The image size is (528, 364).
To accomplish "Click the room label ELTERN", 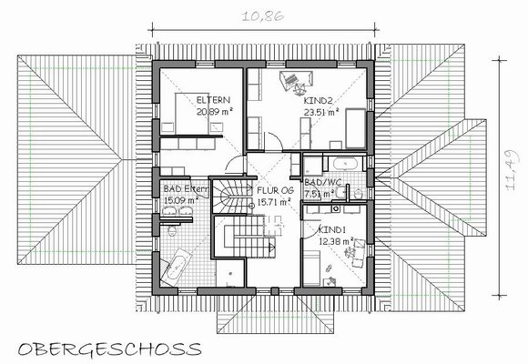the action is (x=213, y=100).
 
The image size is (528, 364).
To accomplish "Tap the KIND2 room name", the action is (x=319, y=100).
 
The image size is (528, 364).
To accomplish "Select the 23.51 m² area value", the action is (x=321, y=112).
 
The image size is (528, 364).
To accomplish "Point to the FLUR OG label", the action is (x=276, y=190).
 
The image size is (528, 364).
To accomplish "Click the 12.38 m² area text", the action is (x=336, y=241).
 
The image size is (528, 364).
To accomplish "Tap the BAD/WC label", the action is (x=323, y=183).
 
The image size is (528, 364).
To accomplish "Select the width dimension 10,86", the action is (x=263, y=16).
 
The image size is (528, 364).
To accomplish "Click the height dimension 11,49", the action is (x=513, y=170).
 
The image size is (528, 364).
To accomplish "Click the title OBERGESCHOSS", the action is (x=110, y=349).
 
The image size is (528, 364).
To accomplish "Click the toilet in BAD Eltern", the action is (x=172, y=231).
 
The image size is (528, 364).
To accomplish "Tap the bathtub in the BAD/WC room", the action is (x=345, y=164).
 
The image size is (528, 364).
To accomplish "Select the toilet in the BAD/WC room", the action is (x=359, y=194).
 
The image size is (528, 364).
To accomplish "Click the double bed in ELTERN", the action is (x=191, y=114).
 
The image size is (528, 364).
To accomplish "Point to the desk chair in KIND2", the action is (x=300, y=88).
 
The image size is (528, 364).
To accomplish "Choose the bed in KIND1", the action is (x=311, y=268).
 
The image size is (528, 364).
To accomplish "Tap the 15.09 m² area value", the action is (x=181, y=200).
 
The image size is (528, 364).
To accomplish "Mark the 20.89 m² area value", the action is (x=215, y=111).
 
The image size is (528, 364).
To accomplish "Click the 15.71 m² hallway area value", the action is (x=274, y=202).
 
